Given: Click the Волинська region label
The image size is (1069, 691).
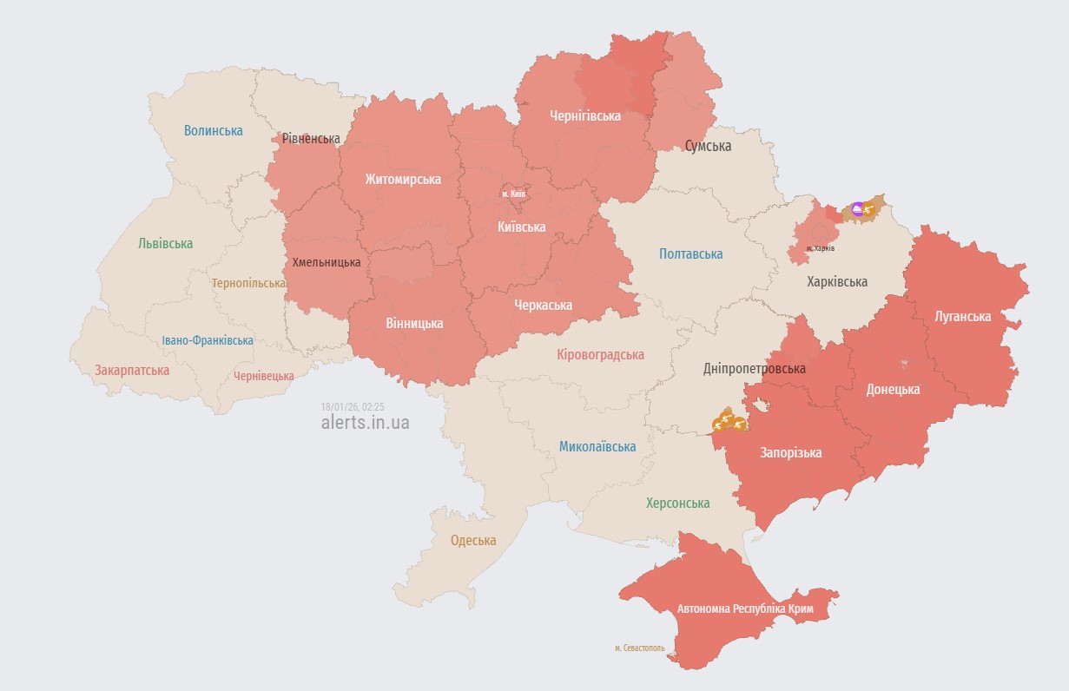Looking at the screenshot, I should (x=213, y=131).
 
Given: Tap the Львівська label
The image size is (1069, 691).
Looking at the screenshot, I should (x=165, y=244).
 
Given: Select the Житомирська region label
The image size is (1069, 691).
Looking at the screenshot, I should (x=402, y=180).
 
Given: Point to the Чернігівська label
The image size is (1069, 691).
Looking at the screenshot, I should (x=584, y=115).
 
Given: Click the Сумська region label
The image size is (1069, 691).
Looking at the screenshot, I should (x=708, y=146).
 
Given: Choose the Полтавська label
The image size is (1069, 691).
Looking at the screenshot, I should (x=690, y=254).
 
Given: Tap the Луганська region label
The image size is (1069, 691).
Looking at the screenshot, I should (x=962, y=316).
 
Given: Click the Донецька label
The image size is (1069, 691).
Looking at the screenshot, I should (x=893, y=390).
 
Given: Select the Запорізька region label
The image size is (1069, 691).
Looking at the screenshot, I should (x=790, y=453).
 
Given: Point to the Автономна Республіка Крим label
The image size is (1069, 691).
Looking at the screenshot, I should (x=745, y=609).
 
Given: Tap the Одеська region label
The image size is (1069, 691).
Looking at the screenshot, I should (x=473, y=541).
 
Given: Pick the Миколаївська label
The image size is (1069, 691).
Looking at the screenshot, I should (x=597, y=447).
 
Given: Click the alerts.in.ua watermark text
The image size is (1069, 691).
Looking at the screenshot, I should (x=365, y=423).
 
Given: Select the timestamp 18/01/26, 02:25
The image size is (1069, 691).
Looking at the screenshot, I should (x=352, y=406).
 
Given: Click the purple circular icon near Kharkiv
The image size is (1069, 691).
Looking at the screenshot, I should (x=858, y=208).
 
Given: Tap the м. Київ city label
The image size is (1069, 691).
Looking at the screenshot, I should (x=513, y=194).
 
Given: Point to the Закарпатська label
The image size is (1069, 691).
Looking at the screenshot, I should (x=132, y=371).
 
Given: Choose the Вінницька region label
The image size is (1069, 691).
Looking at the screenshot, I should (x=414, y=324).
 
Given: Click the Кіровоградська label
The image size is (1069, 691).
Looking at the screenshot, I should (x=600, y=355).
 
